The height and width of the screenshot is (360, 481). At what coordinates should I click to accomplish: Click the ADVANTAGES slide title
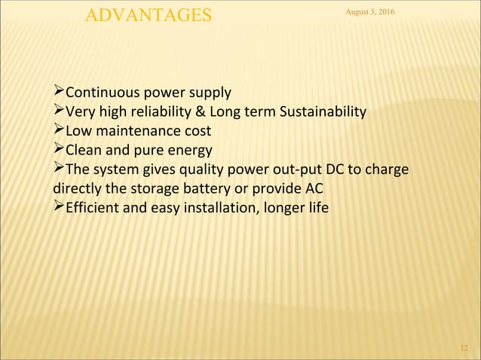[149, 15]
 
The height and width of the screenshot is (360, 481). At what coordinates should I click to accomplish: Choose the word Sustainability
[323, 114]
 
